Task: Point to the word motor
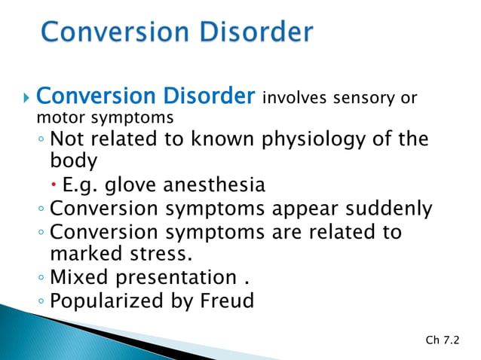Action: (56, 117)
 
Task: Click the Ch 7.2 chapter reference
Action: (443, 341)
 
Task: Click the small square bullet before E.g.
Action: (57, 185)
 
